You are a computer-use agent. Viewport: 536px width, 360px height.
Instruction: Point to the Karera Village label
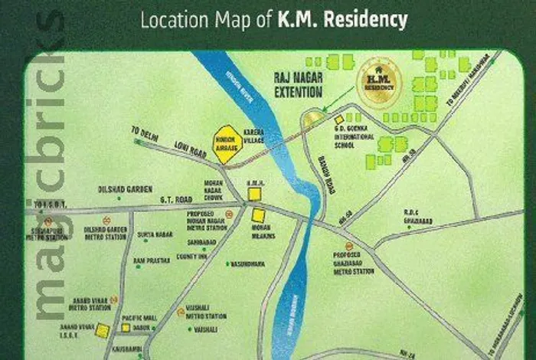[253, 138]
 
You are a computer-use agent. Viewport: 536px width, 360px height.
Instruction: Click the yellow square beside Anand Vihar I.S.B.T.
[102, 330]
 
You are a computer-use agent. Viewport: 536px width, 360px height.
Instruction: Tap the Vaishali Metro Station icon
[181, 312]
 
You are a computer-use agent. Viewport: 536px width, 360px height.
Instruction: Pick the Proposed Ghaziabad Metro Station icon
[328, 246]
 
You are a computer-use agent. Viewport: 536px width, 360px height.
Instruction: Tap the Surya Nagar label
[152, 235]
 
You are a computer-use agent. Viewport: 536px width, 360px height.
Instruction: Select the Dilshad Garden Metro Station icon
[48, 222]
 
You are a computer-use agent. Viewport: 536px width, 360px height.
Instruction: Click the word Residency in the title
[365, 19]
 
